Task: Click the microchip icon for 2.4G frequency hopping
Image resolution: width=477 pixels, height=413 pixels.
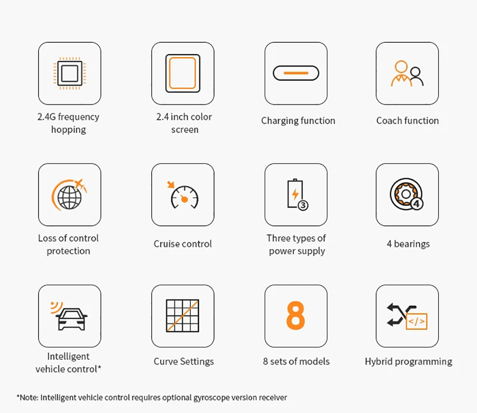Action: coord(70,73)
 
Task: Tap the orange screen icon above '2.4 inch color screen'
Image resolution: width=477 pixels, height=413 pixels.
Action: coord(183,73)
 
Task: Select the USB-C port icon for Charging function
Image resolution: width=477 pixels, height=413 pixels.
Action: coord(296,73)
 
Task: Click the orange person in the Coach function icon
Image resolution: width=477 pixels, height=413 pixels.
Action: coord(401,73)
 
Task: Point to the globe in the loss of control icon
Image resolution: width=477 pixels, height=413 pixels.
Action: coord(70,198)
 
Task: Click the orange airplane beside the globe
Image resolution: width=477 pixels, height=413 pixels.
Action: coord(80,183)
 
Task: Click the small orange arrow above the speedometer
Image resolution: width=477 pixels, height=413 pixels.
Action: coord(171,184)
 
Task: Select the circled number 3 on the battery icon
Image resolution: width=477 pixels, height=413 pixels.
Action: coord(303,205)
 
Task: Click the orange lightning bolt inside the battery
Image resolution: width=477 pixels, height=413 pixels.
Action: coord(295,194)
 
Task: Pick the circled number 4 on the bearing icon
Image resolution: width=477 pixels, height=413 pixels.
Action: coord(417,203)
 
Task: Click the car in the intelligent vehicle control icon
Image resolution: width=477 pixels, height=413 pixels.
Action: coord(72,320)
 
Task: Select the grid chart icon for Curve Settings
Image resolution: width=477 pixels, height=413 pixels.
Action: coord(183,316)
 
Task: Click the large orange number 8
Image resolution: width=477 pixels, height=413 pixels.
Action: coord(296,315)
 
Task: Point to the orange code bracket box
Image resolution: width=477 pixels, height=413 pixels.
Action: coord(417,322)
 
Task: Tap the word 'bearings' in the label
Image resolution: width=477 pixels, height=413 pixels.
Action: coord(412,244)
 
